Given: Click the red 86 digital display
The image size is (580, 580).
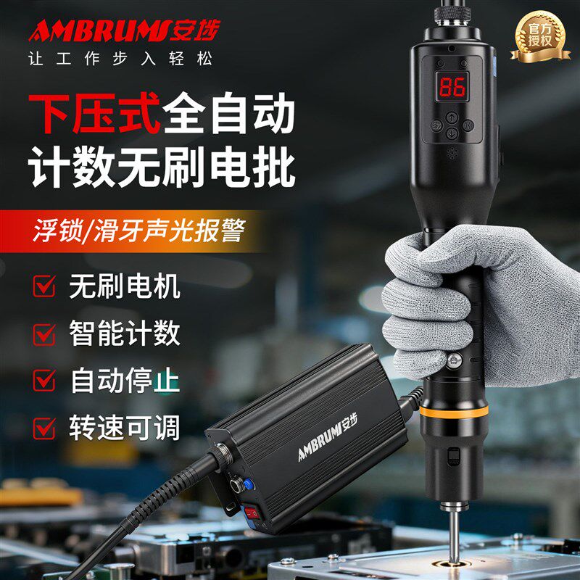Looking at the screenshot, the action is tap(452, 86).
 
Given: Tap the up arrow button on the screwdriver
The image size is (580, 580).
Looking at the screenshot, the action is tap(452, 117).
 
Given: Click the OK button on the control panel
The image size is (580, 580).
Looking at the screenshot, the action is tap(468, 125).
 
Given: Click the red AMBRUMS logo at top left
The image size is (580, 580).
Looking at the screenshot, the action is tap(124, 30).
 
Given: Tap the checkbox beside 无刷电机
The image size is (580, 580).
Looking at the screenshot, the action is tap(44, 286).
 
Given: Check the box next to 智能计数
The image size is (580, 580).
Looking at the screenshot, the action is tap(44, 334).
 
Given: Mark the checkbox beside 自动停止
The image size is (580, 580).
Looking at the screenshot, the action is tap(44, 380).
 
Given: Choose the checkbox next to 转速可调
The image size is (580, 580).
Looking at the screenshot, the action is tap(44, 428).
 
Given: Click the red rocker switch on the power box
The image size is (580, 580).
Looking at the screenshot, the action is tap(252, 513).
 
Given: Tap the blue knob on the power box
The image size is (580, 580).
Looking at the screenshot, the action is tap(249, 484).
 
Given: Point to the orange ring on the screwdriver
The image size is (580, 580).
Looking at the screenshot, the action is tap(454, 412).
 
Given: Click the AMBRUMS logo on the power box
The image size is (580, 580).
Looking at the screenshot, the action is tap(328, 437).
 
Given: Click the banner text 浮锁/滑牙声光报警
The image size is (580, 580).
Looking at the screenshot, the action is tap(139, 231).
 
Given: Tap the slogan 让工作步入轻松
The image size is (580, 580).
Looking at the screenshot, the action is tap(120, 59).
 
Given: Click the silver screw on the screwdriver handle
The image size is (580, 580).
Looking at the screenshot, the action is tap(454, 360).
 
